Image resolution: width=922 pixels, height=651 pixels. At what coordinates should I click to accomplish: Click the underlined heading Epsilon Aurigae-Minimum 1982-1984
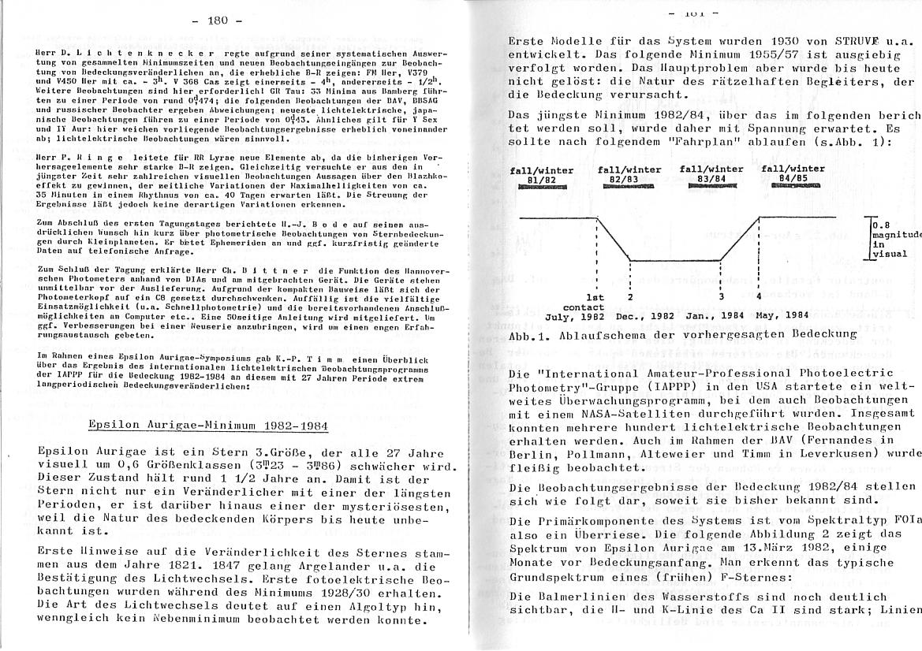coord(208,426)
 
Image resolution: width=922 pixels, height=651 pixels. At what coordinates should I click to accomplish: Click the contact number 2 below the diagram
coord(630,297)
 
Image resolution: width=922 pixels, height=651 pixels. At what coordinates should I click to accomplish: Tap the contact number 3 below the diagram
coord(722,297)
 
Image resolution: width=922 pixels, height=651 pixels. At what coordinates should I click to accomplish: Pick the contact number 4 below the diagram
coord(759,297)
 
